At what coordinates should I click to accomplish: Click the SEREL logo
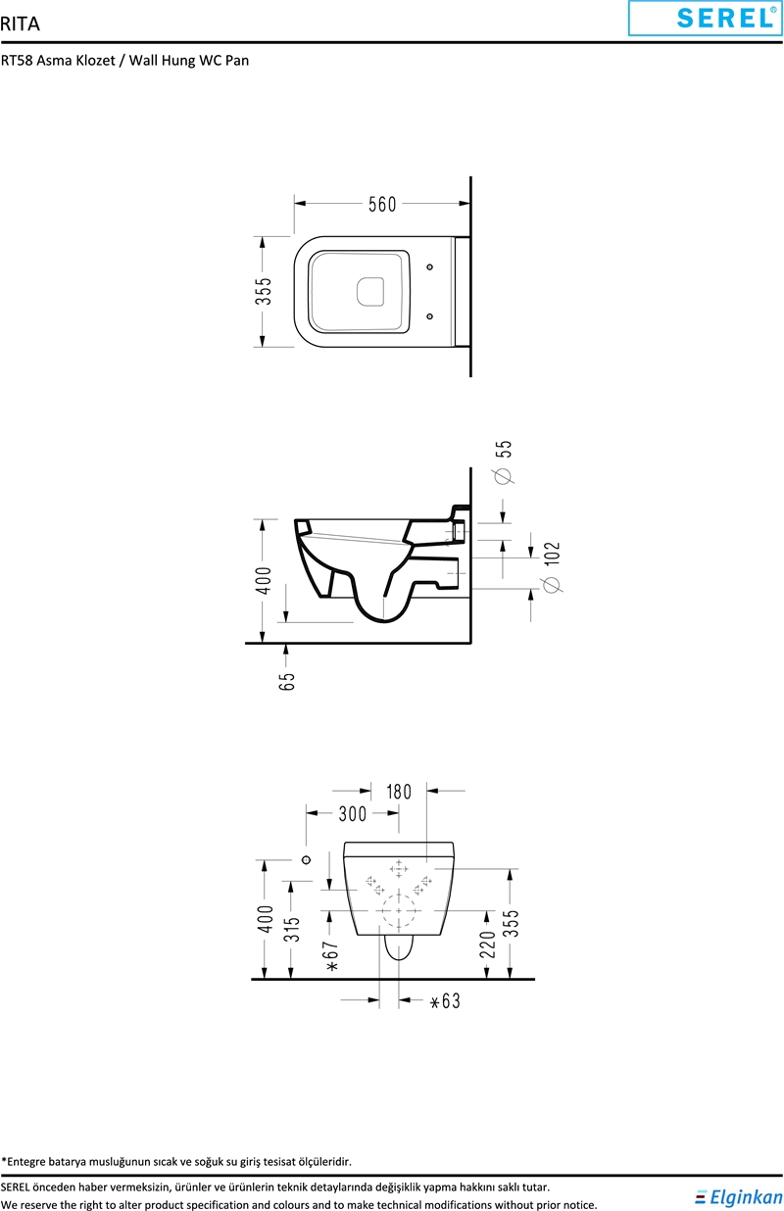click(x=705, y=18)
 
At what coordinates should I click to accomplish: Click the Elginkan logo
click(x=739, y=1197)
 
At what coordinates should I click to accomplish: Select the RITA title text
click(x=20, y=24)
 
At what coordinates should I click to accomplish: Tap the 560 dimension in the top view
click(x=382, y=205)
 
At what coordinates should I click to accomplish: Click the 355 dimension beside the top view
click(x=264, y=291)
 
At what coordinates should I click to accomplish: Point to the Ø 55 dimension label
click(x=504, y=461)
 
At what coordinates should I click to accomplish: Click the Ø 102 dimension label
click(x=552, y=567)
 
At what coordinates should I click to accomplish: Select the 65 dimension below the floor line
click(x=287, y=681)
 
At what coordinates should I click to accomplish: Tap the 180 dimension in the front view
click(x=399, y=792)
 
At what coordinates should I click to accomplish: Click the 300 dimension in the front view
click(x=353, y=814)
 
